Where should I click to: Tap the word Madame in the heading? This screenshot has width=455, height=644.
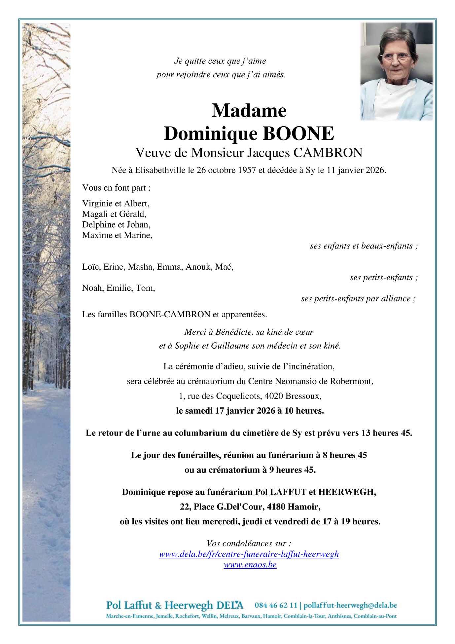coord(249,110)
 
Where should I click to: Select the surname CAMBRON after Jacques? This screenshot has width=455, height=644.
coord(328,153)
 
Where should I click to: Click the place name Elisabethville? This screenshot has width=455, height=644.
coord(160,170)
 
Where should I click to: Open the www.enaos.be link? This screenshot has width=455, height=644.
coord(250,565)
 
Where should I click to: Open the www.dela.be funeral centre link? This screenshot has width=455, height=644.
coord(249,554)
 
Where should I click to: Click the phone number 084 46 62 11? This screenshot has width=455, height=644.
coord(276,605)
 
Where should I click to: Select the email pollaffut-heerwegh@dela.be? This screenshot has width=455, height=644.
coord(350,605)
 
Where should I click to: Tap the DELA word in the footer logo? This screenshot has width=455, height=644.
coord(230,605)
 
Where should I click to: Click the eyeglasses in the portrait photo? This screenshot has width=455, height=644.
coord(396,57)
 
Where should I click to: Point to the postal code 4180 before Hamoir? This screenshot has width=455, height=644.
coord(276,507)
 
